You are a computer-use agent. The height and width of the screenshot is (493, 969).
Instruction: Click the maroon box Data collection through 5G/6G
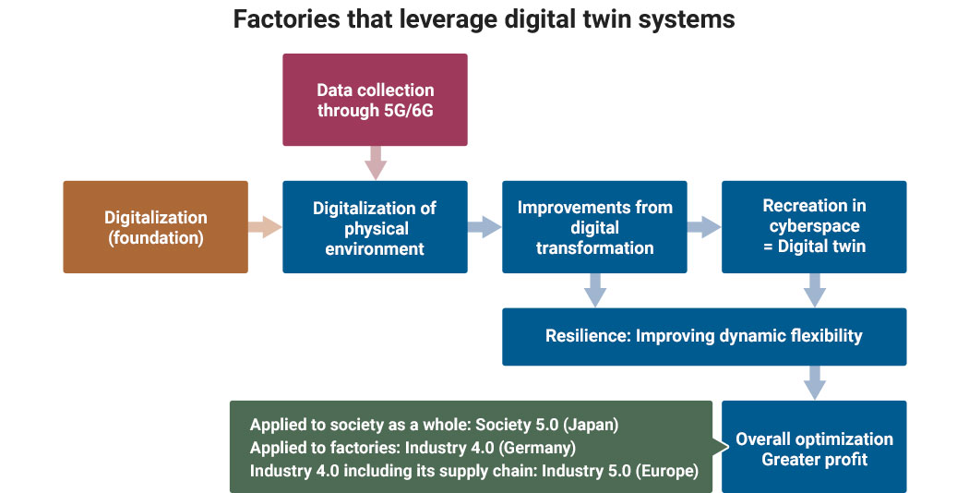(x=375, y=100)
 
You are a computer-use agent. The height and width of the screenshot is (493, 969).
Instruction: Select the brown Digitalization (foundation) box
(x=155, y=227)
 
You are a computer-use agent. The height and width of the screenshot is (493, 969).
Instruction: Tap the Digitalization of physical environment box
(x=375, y=227)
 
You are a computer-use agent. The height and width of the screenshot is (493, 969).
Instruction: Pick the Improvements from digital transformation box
(x=594, y=227)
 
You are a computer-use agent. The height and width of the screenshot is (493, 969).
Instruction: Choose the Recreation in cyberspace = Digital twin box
(x=814, y=227)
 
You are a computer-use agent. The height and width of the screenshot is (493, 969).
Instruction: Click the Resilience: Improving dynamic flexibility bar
(x=703, y=336)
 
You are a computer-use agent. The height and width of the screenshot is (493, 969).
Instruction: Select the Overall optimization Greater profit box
(x=814, y=447)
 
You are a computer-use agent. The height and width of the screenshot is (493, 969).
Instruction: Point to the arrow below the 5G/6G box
(x=375, y=163)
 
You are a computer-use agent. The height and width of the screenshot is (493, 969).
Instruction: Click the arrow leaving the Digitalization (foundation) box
(x=265, y=227)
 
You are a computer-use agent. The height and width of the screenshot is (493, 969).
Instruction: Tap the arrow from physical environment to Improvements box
(x=484, y=227)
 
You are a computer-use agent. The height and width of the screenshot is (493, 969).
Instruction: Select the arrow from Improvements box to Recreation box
(x=704, y=227)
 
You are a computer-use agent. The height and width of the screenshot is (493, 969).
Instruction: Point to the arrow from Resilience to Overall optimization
(x=814, y=382)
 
